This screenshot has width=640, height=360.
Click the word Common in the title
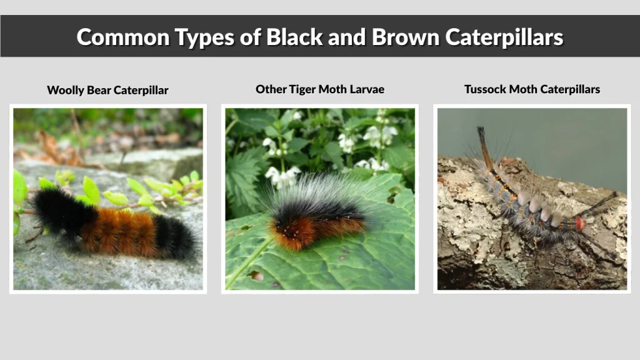tap(119, 37)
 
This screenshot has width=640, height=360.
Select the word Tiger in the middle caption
tap(302, 89)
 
